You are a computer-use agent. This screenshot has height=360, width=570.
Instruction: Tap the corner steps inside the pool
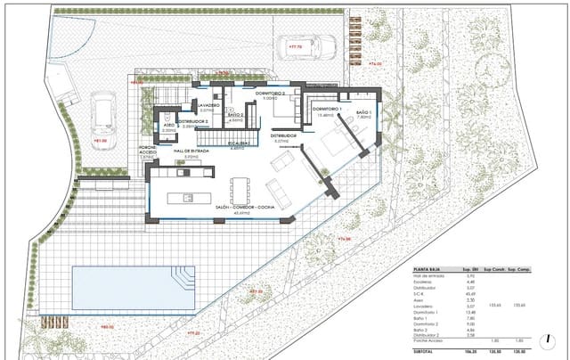coord(184,280)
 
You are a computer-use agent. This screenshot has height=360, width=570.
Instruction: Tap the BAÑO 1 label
coord(362,112)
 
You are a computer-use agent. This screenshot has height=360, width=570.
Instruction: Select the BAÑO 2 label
coord(235,115)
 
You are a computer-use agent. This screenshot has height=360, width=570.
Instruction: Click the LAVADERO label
coord(196,105)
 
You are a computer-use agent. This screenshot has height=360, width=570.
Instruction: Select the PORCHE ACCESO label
coord(149,149)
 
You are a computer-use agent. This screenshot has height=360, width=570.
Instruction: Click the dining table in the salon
coord(239,190)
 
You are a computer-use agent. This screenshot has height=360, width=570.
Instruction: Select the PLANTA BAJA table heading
coord(428,268)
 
